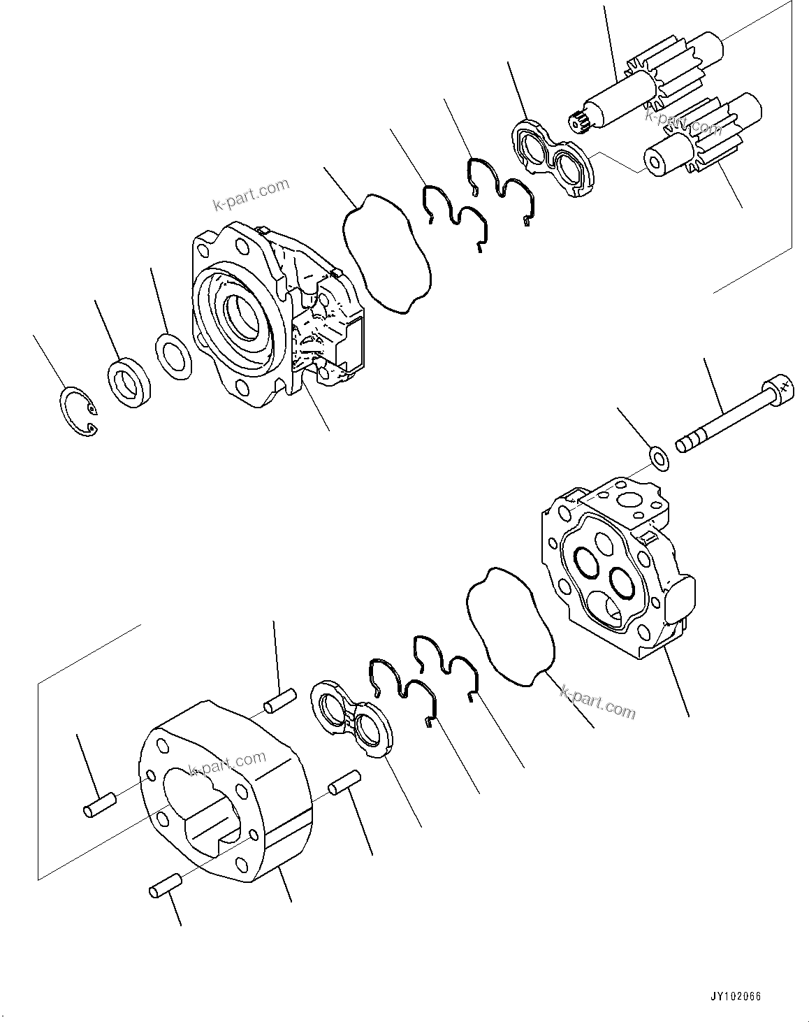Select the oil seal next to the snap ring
pos(131,382)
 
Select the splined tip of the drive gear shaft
pos(579,123)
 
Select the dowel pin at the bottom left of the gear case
pos(166,886)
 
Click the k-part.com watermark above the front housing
pos(251,194)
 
